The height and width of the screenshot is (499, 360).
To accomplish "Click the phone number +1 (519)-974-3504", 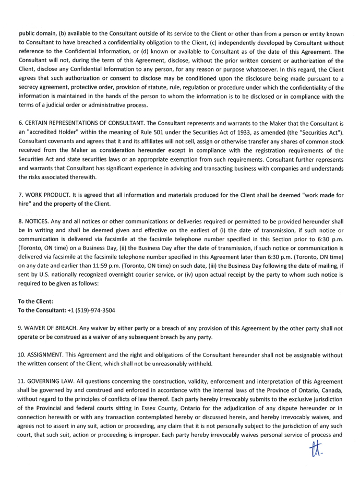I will pos(92,310).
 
